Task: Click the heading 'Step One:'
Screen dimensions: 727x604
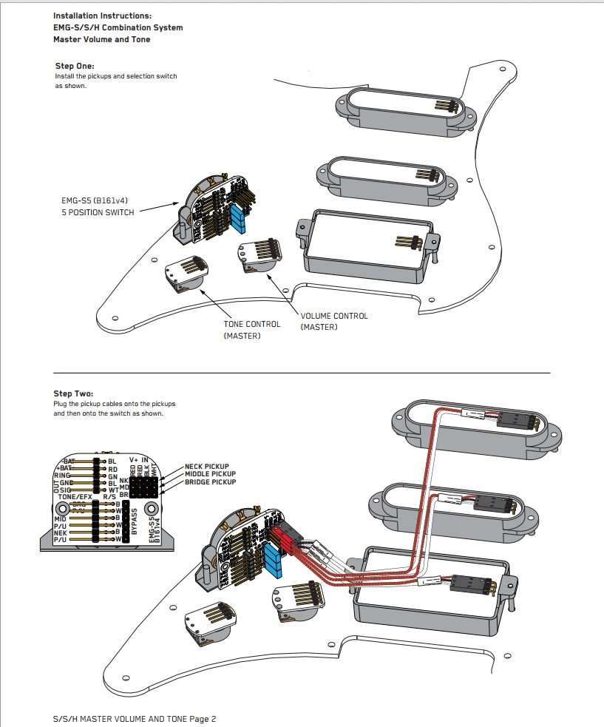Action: tap(75, 66)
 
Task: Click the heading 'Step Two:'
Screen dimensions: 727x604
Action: tap(74, 394)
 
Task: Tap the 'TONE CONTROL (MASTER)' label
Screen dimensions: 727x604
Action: tap(252, 330)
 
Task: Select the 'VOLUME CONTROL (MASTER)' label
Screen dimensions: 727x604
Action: tap(334, 322)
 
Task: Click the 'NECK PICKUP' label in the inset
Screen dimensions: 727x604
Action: tap(210, 467)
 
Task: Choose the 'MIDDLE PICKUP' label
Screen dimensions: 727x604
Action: tap(211, 474)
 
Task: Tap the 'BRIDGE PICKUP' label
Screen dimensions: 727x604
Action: tap(211, 482)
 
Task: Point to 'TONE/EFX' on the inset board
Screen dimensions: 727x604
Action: tap(76, 496)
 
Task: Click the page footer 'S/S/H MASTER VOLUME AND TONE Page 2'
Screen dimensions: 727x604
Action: tap(135, 719)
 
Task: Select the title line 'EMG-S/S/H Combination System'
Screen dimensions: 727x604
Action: tap(118, 27)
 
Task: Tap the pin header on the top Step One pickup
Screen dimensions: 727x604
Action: tap(447, 106)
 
